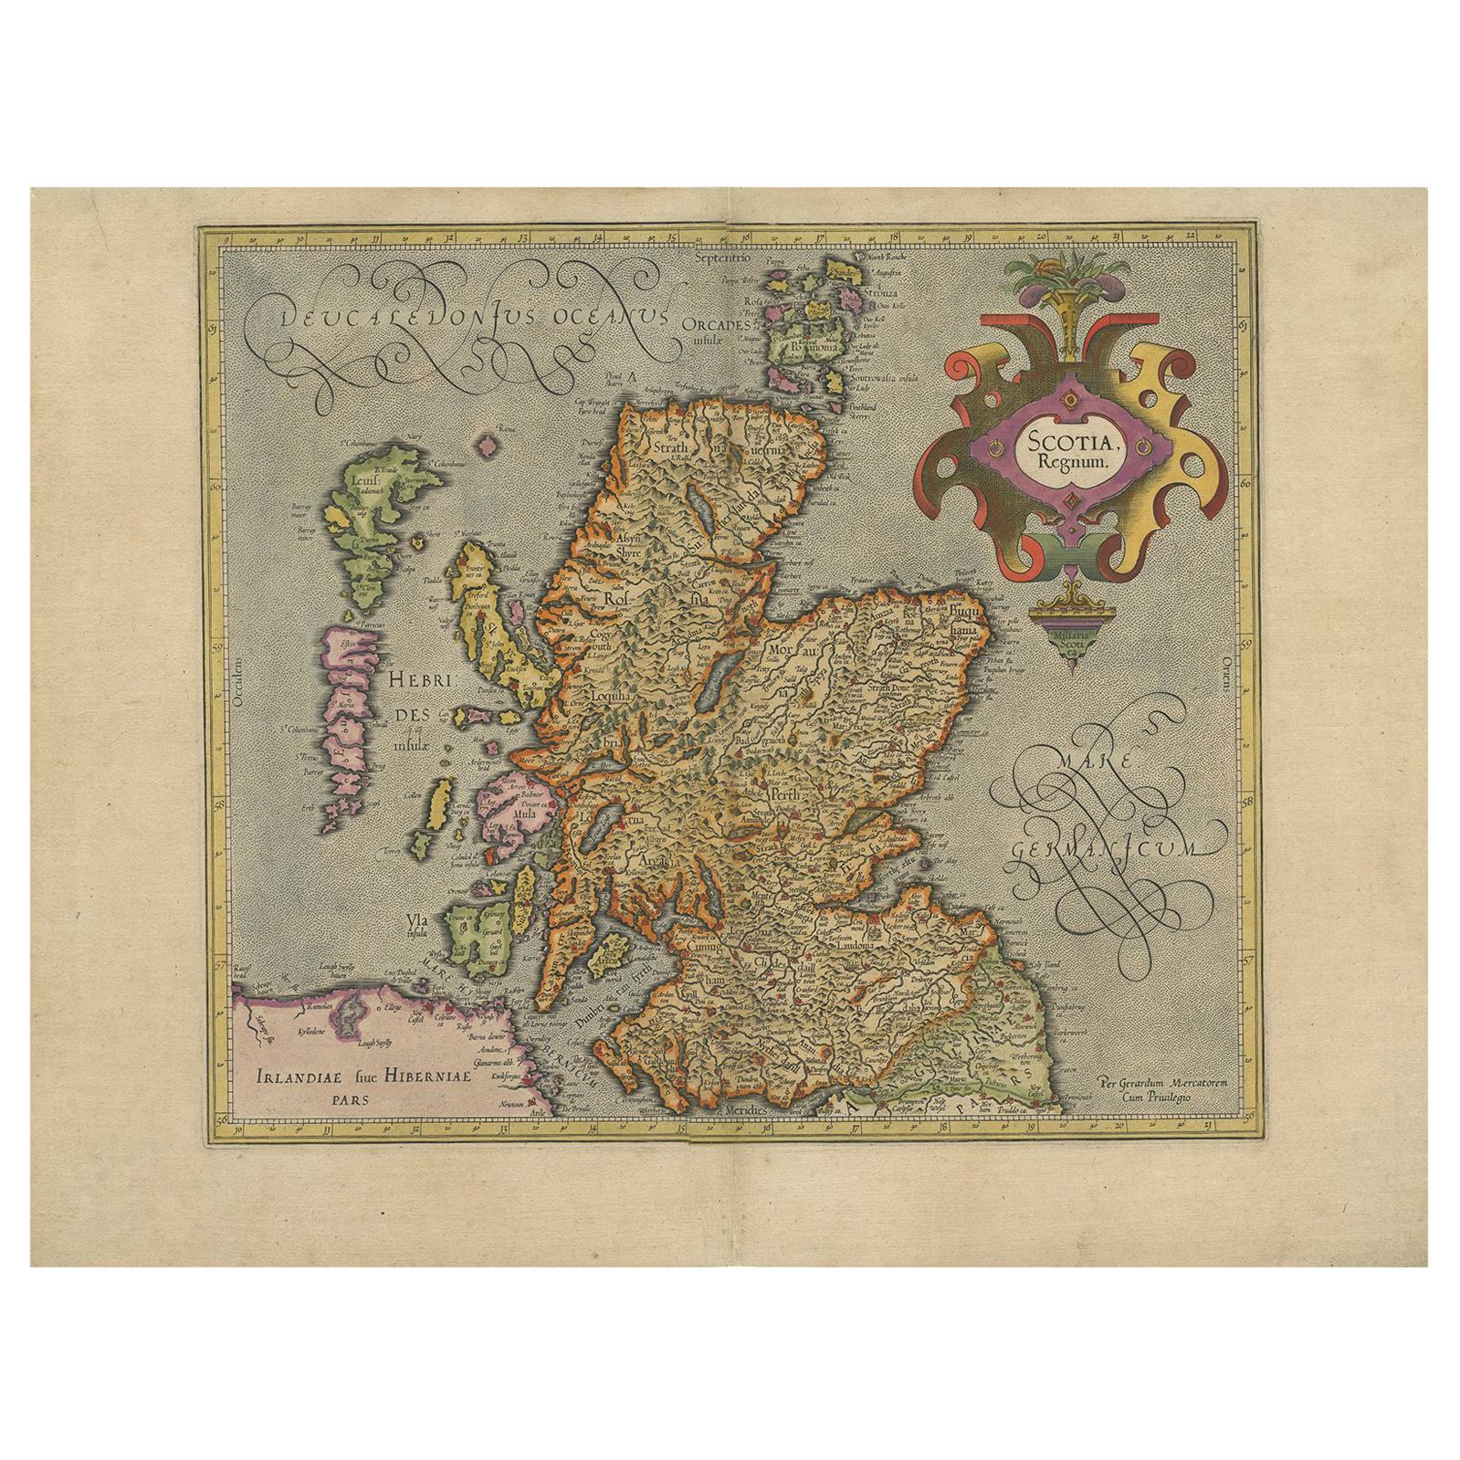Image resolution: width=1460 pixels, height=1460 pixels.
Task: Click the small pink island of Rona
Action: (493, 445)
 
